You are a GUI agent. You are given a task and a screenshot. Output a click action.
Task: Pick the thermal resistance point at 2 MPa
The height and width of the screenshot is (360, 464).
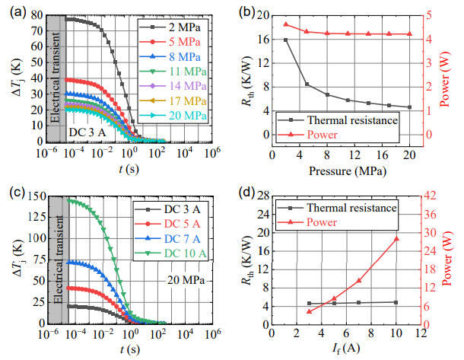(285, 40)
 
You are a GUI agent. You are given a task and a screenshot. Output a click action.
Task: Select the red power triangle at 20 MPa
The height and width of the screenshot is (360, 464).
(409, 33)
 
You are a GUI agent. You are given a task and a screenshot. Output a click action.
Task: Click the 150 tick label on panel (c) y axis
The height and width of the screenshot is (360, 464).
(31, 196)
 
